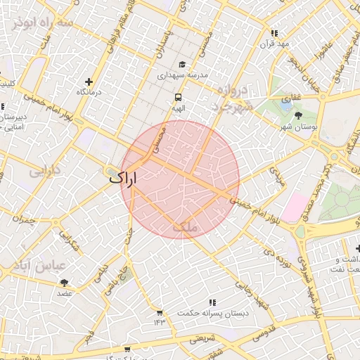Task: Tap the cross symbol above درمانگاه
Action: (x=89, y=82)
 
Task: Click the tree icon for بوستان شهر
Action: (x=299, y=115)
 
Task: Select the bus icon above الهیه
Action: (x=178, y=98)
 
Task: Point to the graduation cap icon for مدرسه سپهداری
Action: (x=182, y=64)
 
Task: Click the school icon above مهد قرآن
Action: (x=274, y=33)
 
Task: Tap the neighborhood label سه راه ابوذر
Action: (x=41, y=22)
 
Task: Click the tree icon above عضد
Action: (x=64, y=283)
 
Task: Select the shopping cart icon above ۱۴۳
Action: (x=160, y=312)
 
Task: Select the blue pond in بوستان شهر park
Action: (x=285, y=101)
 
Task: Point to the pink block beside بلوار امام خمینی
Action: (x=295, y=207)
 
